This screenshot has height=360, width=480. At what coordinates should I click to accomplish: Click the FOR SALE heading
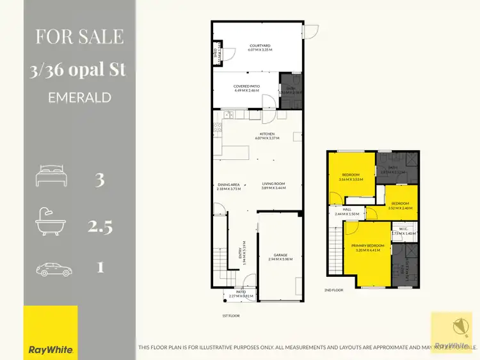(79, 36)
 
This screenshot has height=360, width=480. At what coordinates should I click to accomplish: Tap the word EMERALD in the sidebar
(79, 98)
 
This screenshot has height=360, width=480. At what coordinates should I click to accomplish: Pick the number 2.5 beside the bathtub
(99, 224)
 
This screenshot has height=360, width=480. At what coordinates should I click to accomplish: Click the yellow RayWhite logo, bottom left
(51, 333)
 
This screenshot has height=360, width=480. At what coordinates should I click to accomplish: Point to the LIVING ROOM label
(273, 184)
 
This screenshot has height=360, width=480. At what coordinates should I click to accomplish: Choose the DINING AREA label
(228, 184)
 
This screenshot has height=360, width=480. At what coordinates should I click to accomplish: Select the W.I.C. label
(403, 229)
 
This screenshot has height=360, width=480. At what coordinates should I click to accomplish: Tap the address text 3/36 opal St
(79, 70)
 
